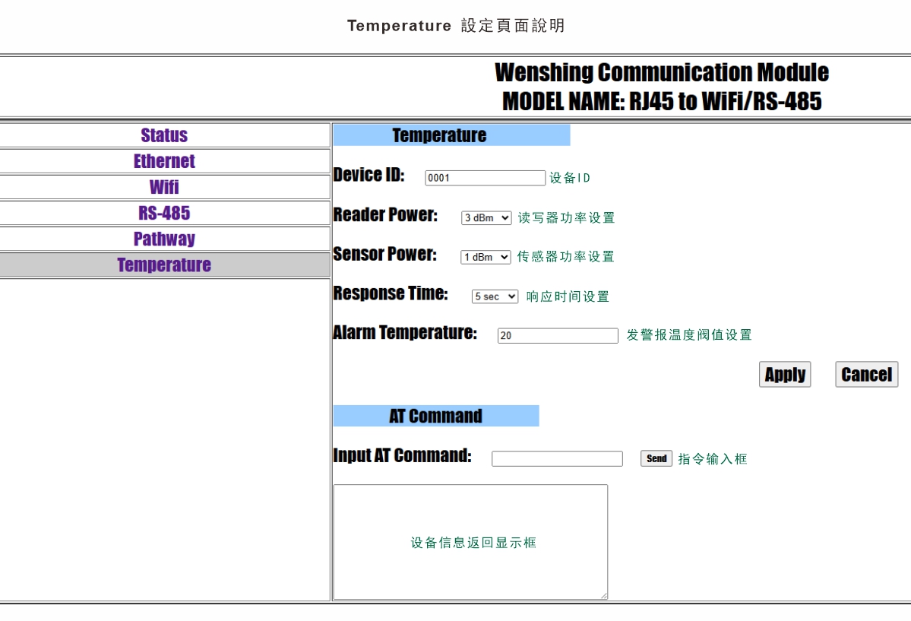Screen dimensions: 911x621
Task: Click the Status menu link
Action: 164,135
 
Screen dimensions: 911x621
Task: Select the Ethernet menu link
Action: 164,161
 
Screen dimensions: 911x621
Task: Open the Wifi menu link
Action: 164,187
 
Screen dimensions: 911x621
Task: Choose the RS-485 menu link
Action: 164,213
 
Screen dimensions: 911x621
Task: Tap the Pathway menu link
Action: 164,239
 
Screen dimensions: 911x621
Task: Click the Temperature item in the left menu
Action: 164,265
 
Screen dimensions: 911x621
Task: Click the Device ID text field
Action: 485,178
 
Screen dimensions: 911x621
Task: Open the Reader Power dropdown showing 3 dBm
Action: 486,218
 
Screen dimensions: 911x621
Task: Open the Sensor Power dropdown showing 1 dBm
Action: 486,257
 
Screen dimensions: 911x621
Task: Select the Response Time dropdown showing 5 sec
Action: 495,296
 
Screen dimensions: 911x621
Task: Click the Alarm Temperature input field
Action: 558,335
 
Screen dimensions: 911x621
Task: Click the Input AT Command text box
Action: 557,459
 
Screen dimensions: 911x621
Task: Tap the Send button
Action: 656,458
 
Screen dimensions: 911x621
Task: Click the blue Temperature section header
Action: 451,135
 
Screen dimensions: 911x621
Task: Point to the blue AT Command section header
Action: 436,416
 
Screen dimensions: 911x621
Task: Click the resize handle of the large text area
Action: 604,595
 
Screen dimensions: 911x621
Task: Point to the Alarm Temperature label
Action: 405,333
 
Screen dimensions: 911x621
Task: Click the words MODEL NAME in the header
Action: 563,101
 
